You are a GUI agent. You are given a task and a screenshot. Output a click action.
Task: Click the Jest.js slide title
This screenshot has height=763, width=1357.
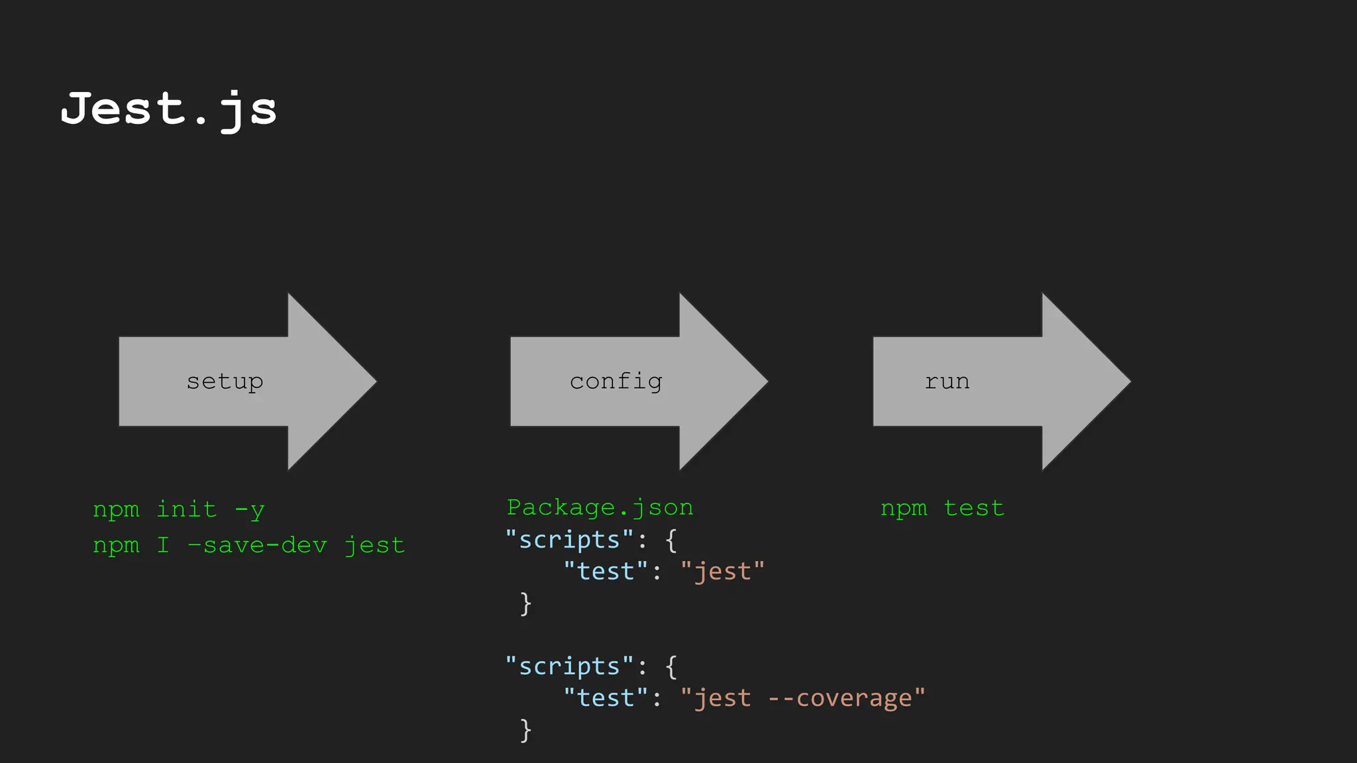[x=168, y=109]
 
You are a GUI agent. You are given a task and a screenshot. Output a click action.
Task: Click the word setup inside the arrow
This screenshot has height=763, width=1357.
[x=225, y=381]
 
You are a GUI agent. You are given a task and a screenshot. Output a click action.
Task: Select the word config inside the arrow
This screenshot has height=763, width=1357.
[x=616, y=381]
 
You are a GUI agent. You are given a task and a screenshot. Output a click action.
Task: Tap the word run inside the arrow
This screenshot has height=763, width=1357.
[x=947, y=381]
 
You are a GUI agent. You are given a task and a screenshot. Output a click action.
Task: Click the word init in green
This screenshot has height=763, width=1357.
[x=186, y=509]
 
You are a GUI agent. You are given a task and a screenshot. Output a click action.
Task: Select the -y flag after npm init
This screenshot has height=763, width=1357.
[x=250, y=510]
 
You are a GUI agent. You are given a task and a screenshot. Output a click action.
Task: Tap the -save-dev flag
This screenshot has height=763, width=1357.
[x=257, y=545]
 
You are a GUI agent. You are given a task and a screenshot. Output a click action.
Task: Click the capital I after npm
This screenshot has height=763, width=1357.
[x=163, y=545]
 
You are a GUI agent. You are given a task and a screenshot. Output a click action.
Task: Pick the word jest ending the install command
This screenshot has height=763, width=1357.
[x=374, y=546]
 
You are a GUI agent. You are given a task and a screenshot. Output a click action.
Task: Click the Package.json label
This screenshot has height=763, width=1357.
[x=600, y=507]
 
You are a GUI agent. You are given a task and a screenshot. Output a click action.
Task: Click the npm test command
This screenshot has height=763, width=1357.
[x=942, y=508]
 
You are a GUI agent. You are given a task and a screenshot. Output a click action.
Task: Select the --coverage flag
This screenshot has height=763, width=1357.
[x=840, y=697]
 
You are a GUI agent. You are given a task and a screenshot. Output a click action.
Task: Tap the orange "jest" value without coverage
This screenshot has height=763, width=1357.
[x=722, y=571]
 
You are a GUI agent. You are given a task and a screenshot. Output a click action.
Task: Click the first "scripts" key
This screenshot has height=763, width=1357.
[x=569, y=539]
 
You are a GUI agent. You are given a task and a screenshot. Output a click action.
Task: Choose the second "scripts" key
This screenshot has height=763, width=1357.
[x=569, y=666]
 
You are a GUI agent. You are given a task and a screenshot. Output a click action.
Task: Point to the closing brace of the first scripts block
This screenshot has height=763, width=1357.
[x=525, y=603]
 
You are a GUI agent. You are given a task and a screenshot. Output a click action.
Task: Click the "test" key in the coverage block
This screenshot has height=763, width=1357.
[x=605, y=697]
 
